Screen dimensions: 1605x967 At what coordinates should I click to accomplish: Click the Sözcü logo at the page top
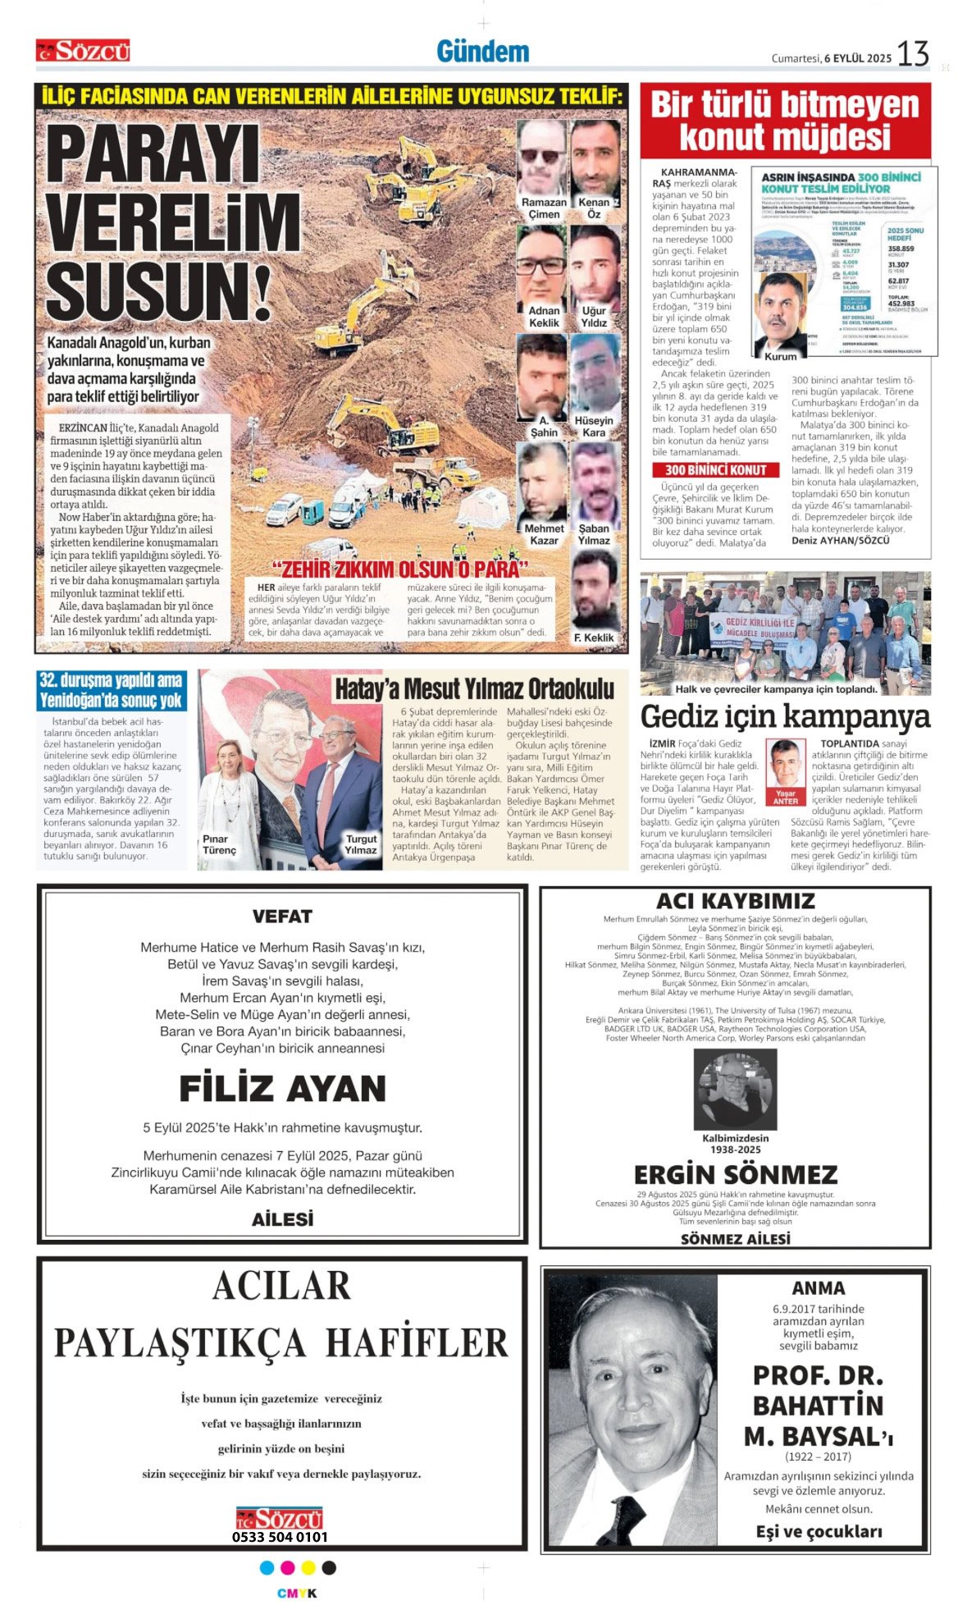[83, 51]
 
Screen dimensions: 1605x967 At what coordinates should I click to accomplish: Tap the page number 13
[913, 54]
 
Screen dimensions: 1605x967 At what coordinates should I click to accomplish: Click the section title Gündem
[482, 52]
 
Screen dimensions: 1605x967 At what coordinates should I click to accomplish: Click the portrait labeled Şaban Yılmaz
[594, 483]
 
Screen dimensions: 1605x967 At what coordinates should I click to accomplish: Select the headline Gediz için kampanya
[785, 716]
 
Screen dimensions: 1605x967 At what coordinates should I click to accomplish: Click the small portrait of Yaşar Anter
[785, 764]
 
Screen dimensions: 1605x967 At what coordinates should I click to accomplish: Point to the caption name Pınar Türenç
[219, 844]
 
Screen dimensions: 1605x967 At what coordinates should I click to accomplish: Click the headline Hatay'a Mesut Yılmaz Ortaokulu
[474, 688]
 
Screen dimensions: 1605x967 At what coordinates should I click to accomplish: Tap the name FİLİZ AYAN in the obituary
[282, 1089]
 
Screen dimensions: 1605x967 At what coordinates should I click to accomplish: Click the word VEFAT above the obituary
[282, 917]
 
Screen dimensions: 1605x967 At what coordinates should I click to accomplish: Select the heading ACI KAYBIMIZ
[735, 901]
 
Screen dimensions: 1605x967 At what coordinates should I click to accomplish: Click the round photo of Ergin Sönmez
[735, 1090]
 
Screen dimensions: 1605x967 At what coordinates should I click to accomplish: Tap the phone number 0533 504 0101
[280, 1537]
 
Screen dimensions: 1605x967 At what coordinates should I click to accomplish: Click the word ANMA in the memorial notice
[818, 1288]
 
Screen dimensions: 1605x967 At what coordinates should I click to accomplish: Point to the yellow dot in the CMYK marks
[308, 1568]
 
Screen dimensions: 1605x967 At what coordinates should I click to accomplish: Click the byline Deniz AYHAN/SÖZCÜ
[840, 540]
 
